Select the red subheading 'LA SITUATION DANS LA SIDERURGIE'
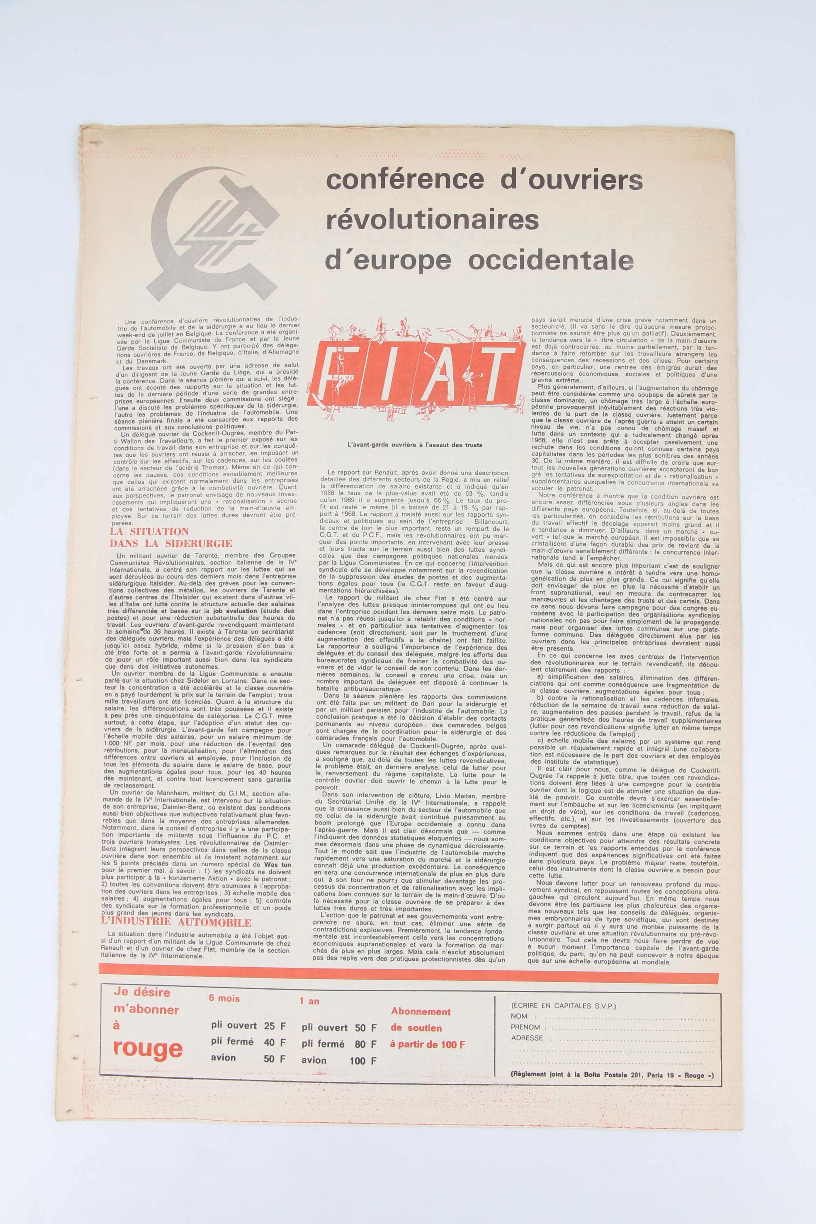coord(171,537)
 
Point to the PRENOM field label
coord(526,1027)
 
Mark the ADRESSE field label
coord(527,1038)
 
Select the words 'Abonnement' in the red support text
coord(420,1011)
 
